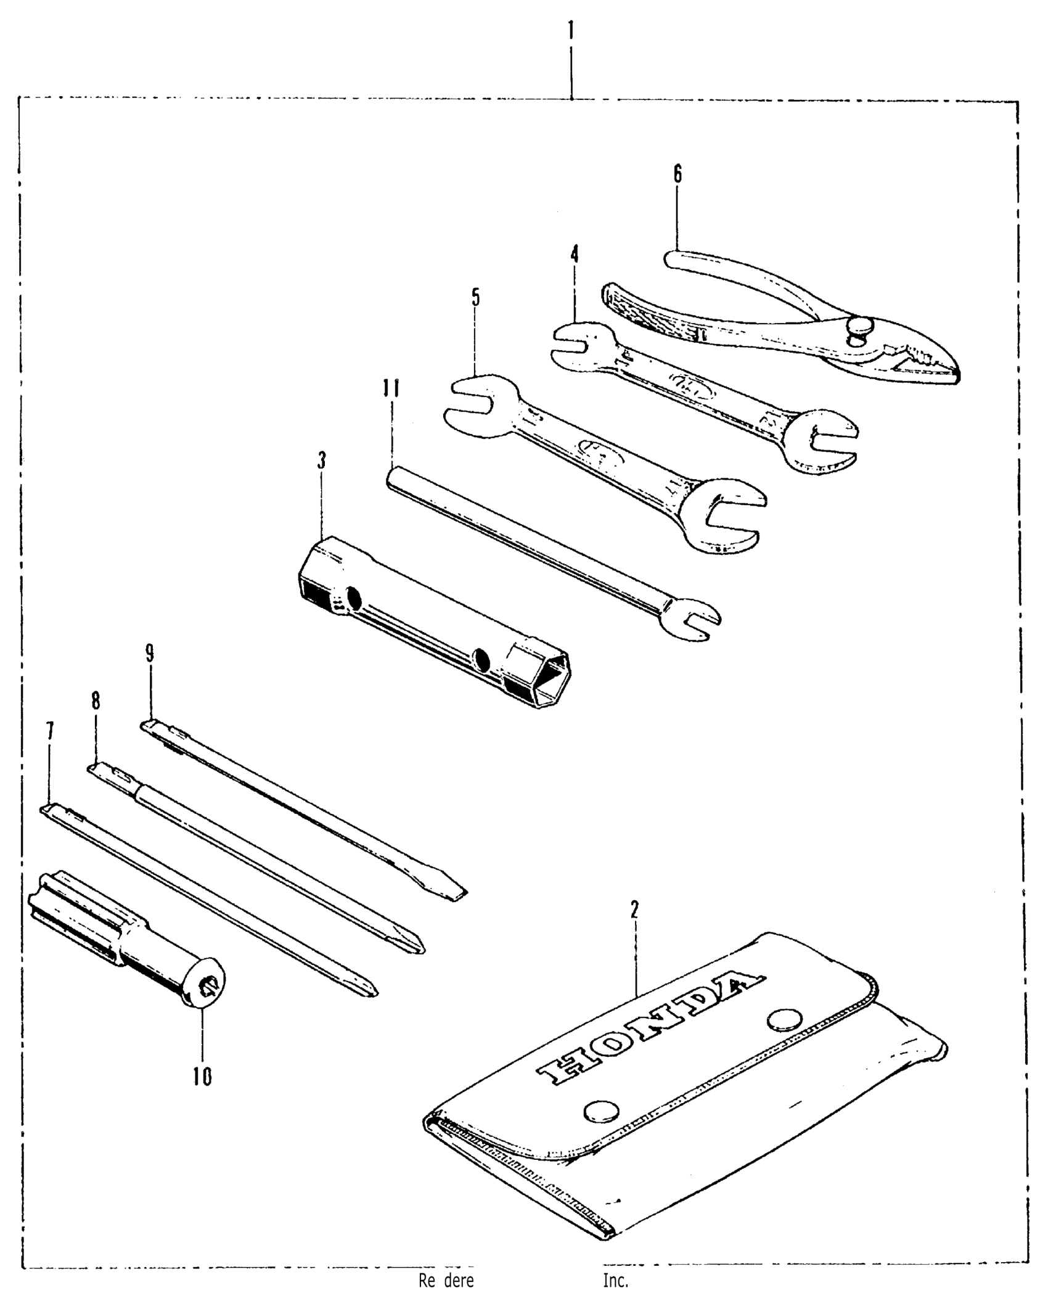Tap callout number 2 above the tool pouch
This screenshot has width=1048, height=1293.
pos(634,909)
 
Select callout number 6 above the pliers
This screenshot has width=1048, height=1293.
pos(678,175)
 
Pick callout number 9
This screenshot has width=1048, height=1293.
pos(149,653)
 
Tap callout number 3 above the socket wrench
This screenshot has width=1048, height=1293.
pos(321,460)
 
